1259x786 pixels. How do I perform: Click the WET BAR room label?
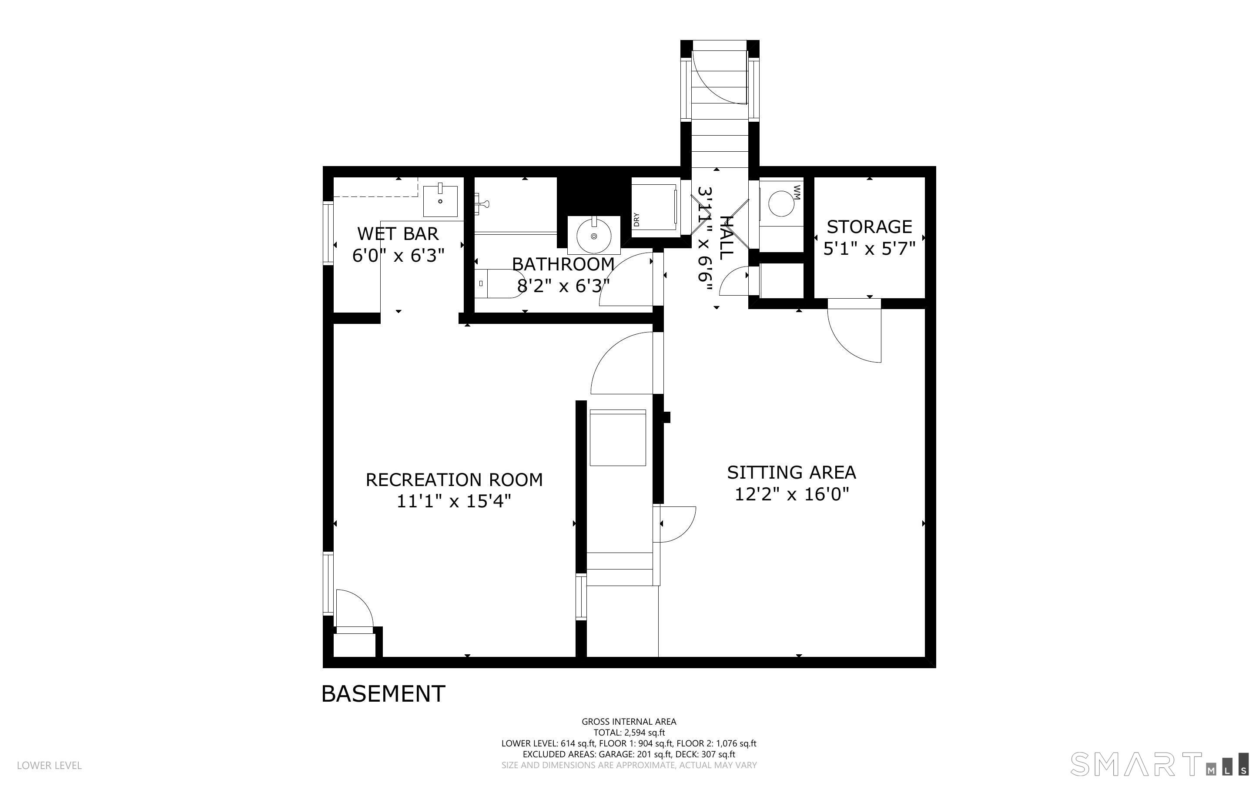tap(398, 233)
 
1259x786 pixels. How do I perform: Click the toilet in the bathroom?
tap(499, 284)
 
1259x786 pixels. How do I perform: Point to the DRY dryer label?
tap(636, 220)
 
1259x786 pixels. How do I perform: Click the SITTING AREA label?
tap(791, 472)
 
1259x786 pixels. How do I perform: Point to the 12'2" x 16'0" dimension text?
tap(791, 494)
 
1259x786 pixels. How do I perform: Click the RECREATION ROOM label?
tap(454, 479)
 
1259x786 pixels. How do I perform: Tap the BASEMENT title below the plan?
tap(383, 693)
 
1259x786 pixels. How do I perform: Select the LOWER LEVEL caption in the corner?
tap(50, 765)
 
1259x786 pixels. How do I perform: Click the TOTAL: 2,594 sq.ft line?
tap(629, 733)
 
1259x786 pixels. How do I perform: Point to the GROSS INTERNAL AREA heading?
tap(629, 722)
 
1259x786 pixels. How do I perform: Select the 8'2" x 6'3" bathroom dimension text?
tap(563, 285)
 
